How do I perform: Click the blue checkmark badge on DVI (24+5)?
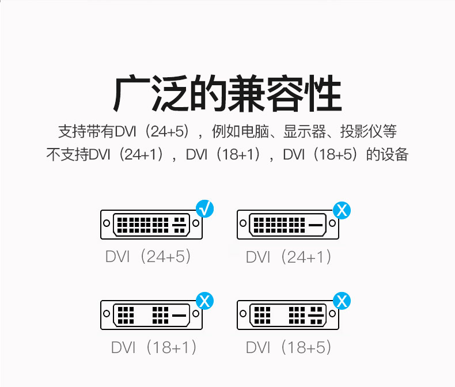coord(204,208)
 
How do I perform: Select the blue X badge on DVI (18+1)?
coord(204,300)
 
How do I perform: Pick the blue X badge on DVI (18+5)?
coord(342,300)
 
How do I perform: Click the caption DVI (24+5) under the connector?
coord(148,256)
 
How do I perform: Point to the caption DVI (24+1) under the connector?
coord(289,257)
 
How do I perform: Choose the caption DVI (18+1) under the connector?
coord(154,347)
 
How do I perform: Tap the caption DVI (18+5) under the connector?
coord(289,347)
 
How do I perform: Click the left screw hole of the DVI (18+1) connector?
coord(106,314)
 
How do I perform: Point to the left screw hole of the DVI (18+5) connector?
coord(243,314)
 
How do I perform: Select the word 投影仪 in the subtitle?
coord(360,131)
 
